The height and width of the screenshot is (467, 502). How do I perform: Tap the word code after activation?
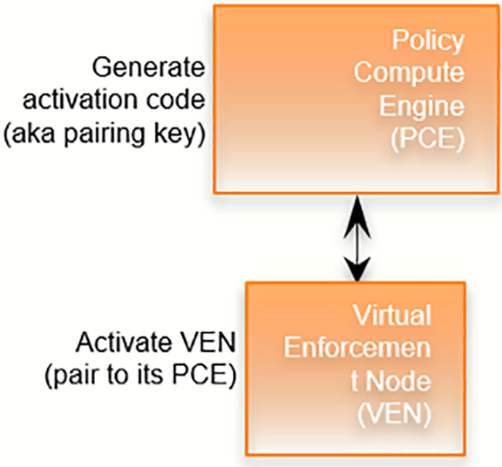click(175, 103)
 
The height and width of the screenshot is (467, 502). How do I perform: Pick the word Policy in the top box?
click(427, 41)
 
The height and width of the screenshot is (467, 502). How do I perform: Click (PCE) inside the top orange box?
click(427, 139)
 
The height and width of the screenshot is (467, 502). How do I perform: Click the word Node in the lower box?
click(401, 381)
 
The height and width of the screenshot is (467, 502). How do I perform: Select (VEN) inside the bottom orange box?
click(392, 413)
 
